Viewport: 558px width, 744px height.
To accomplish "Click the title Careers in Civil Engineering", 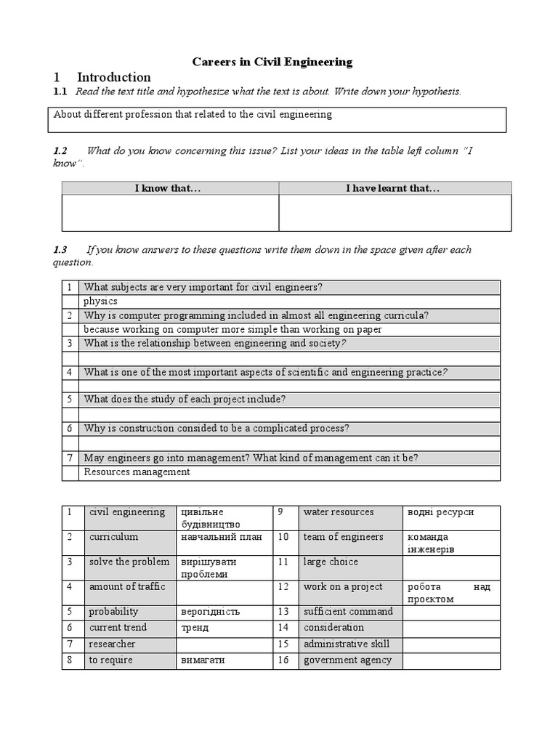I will (272, 62).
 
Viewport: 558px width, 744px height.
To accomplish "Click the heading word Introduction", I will (113, 77).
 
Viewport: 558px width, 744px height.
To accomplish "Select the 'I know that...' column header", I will (168, 188).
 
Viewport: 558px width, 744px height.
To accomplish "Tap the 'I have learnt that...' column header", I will (392, 188).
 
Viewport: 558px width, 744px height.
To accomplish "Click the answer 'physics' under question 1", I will (100, 301).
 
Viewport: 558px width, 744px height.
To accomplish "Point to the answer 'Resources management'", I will (137, 472).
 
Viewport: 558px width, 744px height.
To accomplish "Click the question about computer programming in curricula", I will (256, 315).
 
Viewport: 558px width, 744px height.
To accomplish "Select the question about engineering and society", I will (214, 343).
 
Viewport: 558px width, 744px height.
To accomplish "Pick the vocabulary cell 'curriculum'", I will (113, 537).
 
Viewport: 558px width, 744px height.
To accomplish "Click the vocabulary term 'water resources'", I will (339, 512).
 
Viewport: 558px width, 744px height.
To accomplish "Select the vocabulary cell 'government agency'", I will (347, 660).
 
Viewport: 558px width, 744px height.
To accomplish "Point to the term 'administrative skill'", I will (347, 644).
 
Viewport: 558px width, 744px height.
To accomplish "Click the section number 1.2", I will (60, 150).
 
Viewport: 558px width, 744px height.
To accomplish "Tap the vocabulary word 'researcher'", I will (112, 644).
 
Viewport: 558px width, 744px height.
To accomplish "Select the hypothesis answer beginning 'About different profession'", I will (193, 114).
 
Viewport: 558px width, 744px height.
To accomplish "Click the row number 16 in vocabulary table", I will (283, 660).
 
